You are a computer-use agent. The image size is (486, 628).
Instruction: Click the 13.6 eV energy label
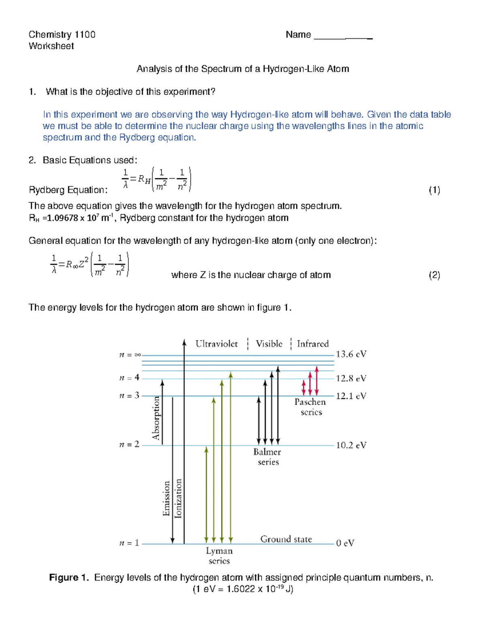pyautogui.click(x=351, y=354)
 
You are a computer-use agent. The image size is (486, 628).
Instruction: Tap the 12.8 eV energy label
pyautogui.click(x=351, y=378)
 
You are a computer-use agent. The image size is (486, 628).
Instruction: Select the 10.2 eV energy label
pyautogui.click(x=351, y=445)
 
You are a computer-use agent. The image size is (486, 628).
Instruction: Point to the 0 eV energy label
pyautogui.click(x=345, y=543)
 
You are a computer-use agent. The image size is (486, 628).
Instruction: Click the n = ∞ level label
pyautogui.click(x=130, y=355)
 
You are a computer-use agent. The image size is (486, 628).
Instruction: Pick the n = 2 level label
pyautogui.click(x=129, y=444)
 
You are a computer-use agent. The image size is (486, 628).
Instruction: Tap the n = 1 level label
pyautogui.click(x=129, y=543)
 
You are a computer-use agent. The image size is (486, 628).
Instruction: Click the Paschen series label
pyautogui.click(x=310, y=407)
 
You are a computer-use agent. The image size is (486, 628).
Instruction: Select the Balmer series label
pyautogui.click(x=267, y=457)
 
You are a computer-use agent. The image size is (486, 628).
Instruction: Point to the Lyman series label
pyautogui.click(x=219, y=556)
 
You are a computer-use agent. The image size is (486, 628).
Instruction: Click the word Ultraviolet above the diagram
pyautogui.click(x=217, y=344)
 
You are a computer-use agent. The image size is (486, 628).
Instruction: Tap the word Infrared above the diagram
pyautogui.click(x=313, y=344)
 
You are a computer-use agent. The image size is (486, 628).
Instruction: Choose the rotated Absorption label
pyautogui.click(x=156, y=418)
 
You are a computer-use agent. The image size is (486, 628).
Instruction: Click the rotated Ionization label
pyautogui.click(x=178, y=498)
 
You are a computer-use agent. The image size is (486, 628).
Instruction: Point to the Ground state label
pyautogui.click(x=286, y=539)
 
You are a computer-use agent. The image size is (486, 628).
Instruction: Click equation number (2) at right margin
pyautogui.click(x=434, y=275)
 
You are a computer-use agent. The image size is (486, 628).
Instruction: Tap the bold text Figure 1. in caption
pyautogui.click(x=69, y=577)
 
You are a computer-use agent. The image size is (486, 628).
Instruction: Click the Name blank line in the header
pyautogui.click(x=343, y=37)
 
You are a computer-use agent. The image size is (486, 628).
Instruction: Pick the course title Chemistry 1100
pyautogui.click(x=62, y=34)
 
